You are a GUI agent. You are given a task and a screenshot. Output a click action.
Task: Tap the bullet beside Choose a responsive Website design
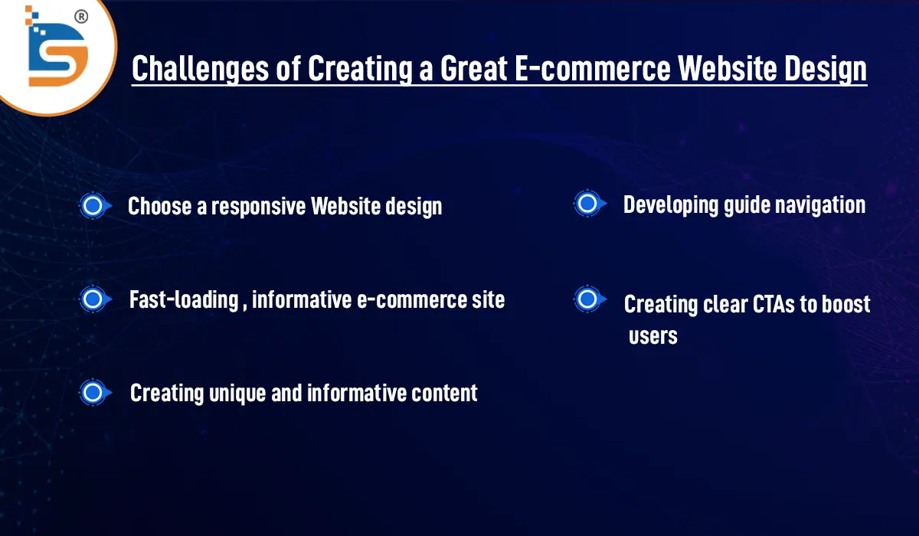(x=93, y=206)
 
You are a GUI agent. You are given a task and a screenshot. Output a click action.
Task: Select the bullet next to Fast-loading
(x=93, y=299)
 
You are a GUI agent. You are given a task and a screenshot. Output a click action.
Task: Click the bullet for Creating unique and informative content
(x=93, y=393)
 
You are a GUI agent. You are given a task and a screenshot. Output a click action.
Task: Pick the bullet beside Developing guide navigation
(x=587, y=204)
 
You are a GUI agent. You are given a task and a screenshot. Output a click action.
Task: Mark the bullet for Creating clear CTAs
(x=587, y=299)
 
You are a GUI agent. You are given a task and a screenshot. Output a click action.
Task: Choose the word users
(x=653, y=336)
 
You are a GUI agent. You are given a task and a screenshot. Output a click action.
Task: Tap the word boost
(x=846, y=304)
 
